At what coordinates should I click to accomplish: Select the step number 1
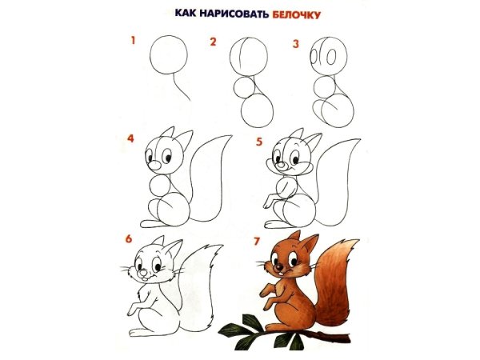[x=134, y=39]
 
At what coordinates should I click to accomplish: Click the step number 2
[x=214, y=42]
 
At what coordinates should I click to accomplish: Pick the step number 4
[x=130, y=138]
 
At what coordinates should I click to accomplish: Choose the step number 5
[x=258, y=142]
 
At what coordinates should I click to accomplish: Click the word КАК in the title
[x=186, y=14]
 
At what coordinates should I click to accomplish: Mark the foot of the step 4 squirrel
[x=151, y=222]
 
